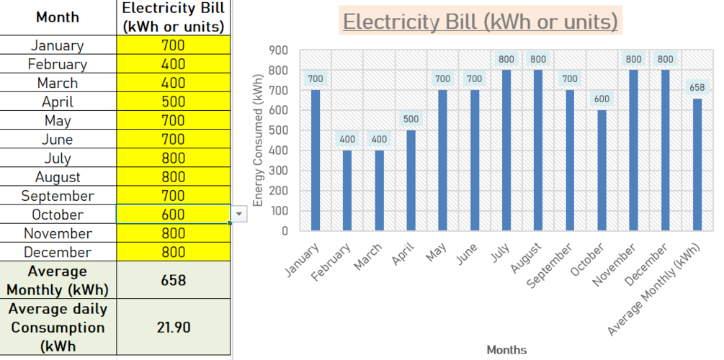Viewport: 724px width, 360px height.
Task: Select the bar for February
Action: [347, 191]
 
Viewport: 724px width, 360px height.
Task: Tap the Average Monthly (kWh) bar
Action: [697, 165]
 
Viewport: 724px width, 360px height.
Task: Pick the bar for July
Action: [506, 150]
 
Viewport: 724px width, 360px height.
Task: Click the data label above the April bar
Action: [409, 119]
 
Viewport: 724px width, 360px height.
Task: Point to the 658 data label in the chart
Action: [697, 87]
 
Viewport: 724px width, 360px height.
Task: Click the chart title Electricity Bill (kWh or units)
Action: [480, 22]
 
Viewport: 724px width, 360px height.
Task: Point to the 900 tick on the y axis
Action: [279, 50]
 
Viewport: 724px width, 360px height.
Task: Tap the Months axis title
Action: [506, 350]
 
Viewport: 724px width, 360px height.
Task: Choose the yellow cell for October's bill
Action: [173, 215]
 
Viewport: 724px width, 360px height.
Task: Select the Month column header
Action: [58, 17]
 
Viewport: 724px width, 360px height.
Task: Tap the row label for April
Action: [58, 102]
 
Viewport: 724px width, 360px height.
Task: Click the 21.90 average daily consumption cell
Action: [173, 327]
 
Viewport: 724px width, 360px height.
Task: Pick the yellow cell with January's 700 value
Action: [173, 45]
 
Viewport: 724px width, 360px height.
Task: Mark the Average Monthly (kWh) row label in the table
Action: [58, 281]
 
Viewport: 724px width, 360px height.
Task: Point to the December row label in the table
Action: [58, 252]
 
